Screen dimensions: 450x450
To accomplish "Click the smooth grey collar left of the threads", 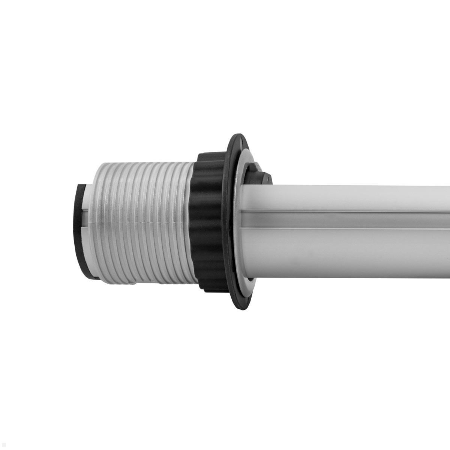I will tap(88, 210).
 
